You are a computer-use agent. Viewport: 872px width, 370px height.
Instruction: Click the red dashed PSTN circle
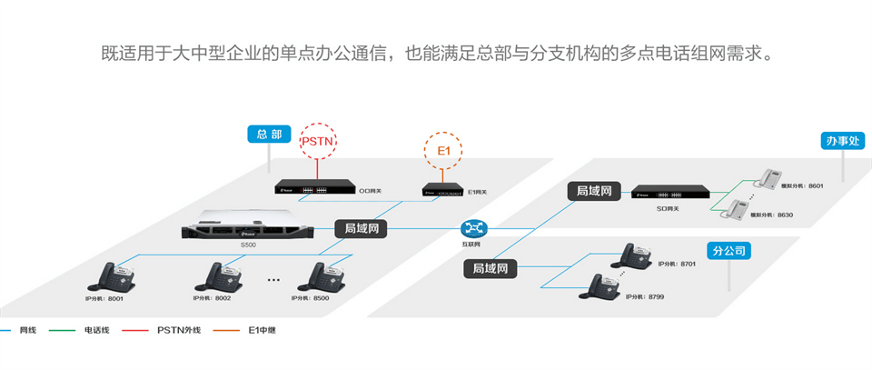318,141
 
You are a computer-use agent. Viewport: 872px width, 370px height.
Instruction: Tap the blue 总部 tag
269,135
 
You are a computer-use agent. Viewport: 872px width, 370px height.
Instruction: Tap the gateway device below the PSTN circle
315,189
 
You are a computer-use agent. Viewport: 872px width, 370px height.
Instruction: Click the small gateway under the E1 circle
441,190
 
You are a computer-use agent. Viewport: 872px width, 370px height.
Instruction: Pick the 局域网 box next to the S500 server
362,228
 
